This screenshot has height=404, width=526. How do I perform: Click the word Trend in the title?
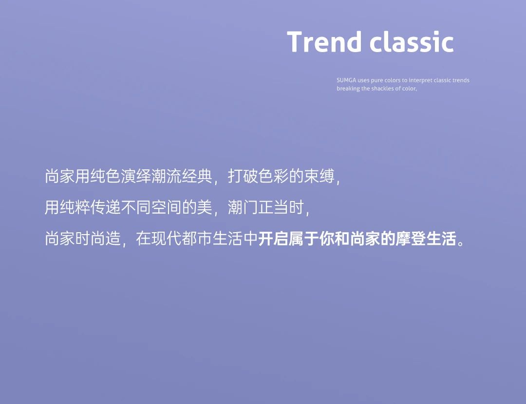coord(323,42)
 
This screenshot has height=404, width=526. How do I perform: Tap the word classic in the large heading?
coord(412,42)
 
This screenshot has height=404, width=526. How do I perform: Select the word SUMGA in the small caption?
coord(346,80)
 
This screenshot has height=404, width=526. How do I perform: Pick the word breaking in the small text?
coord(348,89)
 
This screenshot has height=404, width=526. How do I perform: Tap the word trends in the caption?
coord(461,80)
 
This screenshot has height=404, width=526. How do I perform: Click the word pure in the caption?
coord(376,81)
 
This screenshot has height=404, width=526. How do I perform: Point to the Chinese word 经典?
coord(197,176)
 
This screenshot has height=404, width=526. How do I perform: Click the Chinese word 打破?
coord(243,176)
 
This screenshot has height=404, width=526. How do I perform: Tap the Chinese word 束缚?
coord(319,176)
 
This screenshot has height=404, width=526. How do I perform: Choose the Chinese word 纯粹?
coord(75,207)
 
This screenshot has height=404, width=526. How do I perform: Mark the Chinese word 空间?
coord(167,207)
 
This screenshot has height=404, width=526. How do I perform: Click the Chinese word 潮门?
coord(243,207)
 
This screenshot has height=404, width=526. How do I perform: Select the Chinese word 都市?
coord(197,239)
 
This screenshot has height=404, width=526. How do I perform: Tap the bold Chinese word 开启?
coord(273,239)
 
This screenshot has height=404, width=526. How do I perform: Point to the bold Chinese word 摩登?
coord(411,239)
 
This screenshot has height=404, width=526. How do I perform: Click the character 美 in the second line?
coord(205,207)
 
